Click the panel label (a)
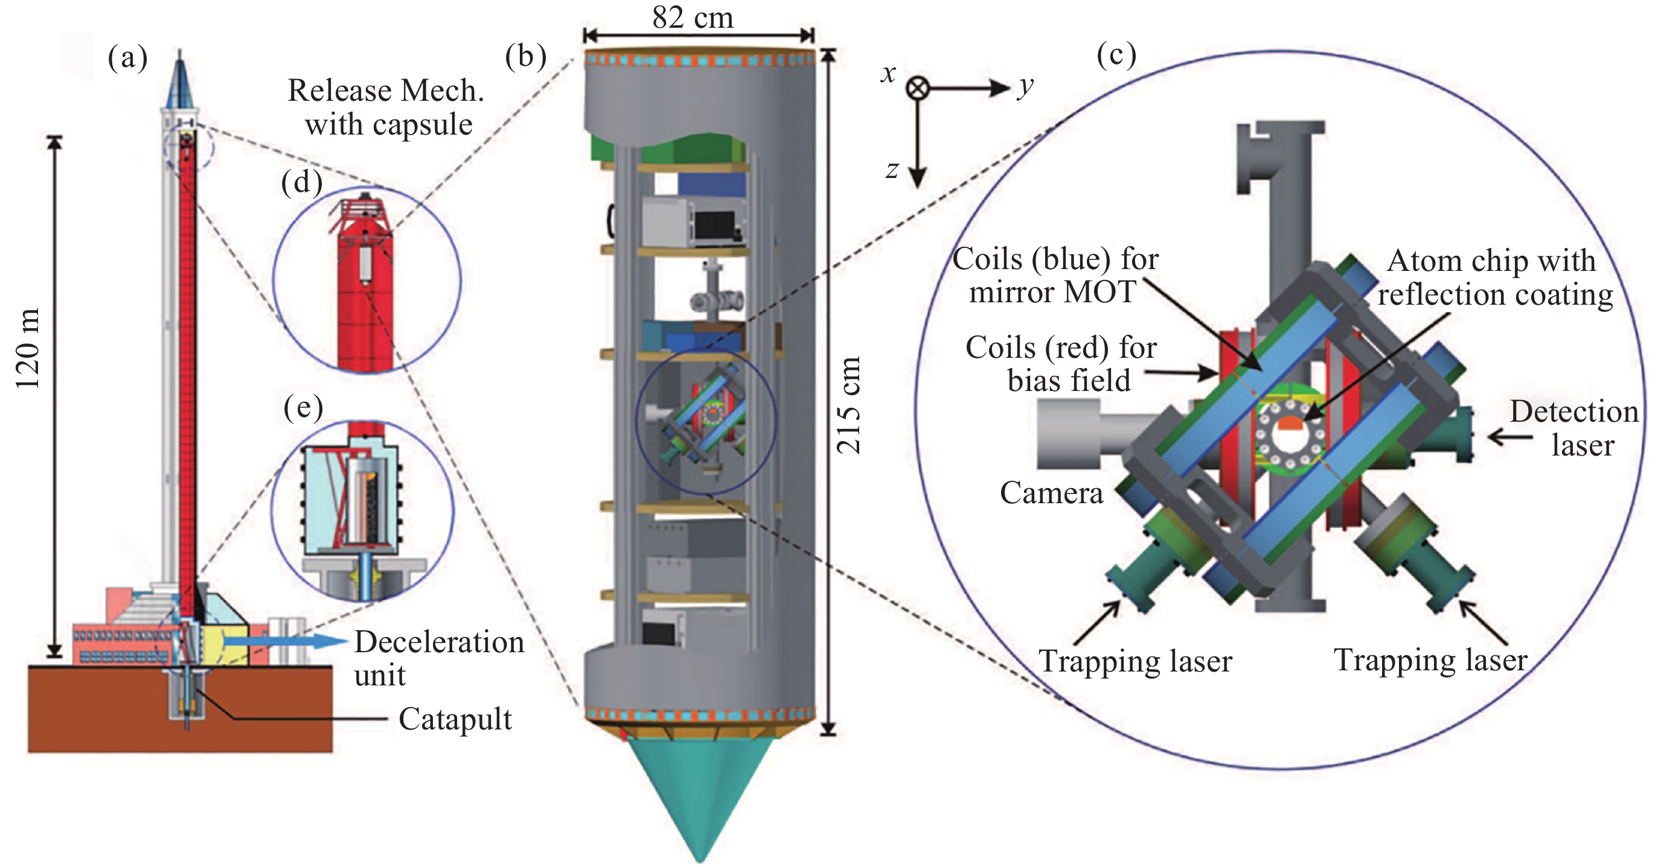pyautogui.click(x=128, y=58)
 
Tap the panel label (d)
pyautogui.click(x=302, y=183)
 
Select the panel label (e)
pyautogui.click(x=303, y=408)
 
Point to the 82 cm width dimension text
pyautogui.click(x=693, y=17)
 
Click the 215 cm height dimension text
pyautogui.click(x=849, y=405)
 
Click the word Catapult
pyautogui.click(x=455, y=719)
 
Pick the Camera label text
pyautogui.click(x=1051, y=493)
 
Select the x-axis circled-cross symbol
pyautogui.click(x=917, y=88)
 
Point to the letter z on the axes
pyautogui.click(x=892, y=170)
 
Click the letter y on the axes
pyautogui.click(x=1025, y=86)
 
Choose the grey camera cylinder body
pyautogui.click(x=1069, y=434)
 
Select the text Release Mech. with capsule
pyautogui.click(x=386, y=107)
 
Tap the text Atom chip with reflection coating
pyautogui.click(x=1494, y=278)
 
